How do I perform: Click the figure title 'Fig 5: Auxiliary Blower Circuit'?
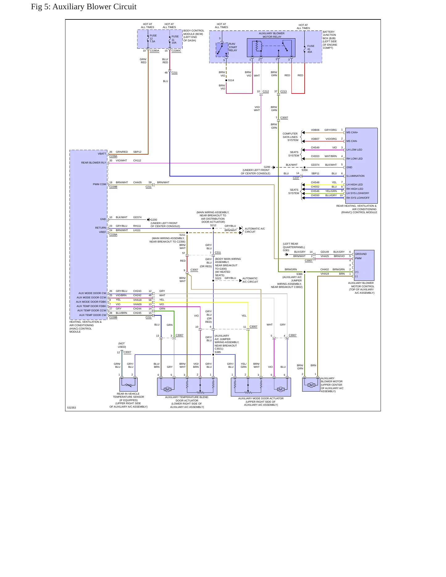pos(84,7)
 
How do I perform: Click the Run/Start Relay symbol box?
pos(222,50)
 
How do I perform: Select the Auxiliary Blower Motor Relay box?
pos(271,48)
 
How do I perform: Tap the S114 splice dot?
pos(226,80)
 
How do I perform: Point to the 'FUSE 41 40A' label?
pos(311,49)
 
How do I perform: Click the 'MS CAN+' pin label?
pos(352,132)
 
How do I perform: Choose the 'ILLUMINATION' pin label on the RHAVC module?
pos(355,176)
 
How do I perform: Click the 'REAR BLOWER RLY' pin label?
pos(94,163)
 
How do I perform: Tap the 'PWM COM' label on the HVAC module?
pos(99,184)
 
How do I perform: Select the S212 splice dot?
pos(213,228)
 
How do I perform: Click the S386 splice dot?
pos(305,272)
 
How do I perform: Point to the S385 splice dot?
pos(213,355)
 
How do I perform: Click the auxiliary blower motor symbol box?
pos(311,385)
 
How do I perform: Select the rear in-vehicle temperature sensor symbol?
pos(128,385)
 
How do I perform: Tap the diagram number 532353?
pos(72,408)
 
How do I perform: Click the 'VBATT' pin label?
pos(102,154)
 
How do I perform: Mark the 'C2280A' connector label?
pos(154,51)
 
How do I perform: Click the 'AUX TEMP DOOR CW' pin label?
pos(93,315)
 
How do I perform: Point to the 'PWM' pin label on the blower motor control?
pos(358,258)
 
